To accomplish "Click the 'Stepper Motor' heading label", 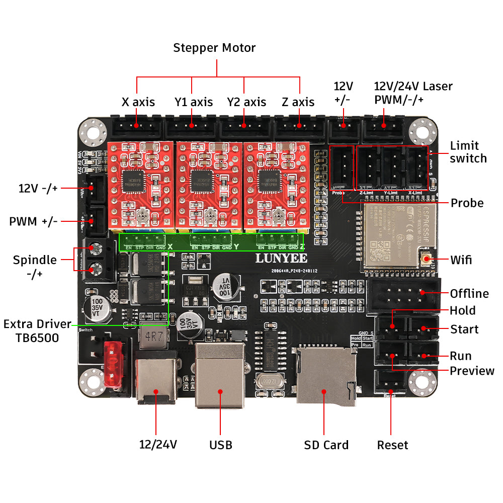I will click(214, 48).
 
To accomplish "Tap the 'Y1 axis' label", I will click(194, 102).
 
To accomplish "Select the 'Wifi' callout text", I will click(461, 260).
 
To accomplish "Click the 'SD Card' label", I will click(326, 445).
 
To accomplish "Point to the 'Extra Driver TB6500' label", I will click(38, 330).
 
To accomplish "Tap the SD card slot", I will click(324, 375).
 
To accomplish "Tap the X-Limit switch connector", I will click(418, 167).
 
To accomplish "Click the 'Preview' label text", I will click(472, 371).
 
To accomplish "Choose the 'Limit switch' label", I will click(468, 152).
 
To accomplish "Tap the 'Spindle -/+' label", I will click(35, 267).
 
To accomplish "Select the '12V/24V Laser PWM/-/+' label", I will click(413, 93).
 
